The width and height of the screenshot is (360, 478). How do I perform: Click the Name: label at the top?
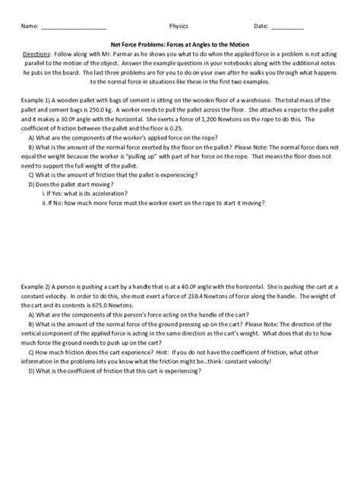tap(29, 26)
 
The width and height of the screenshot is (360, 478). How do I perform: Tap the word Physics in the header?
tap(178, 26)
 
